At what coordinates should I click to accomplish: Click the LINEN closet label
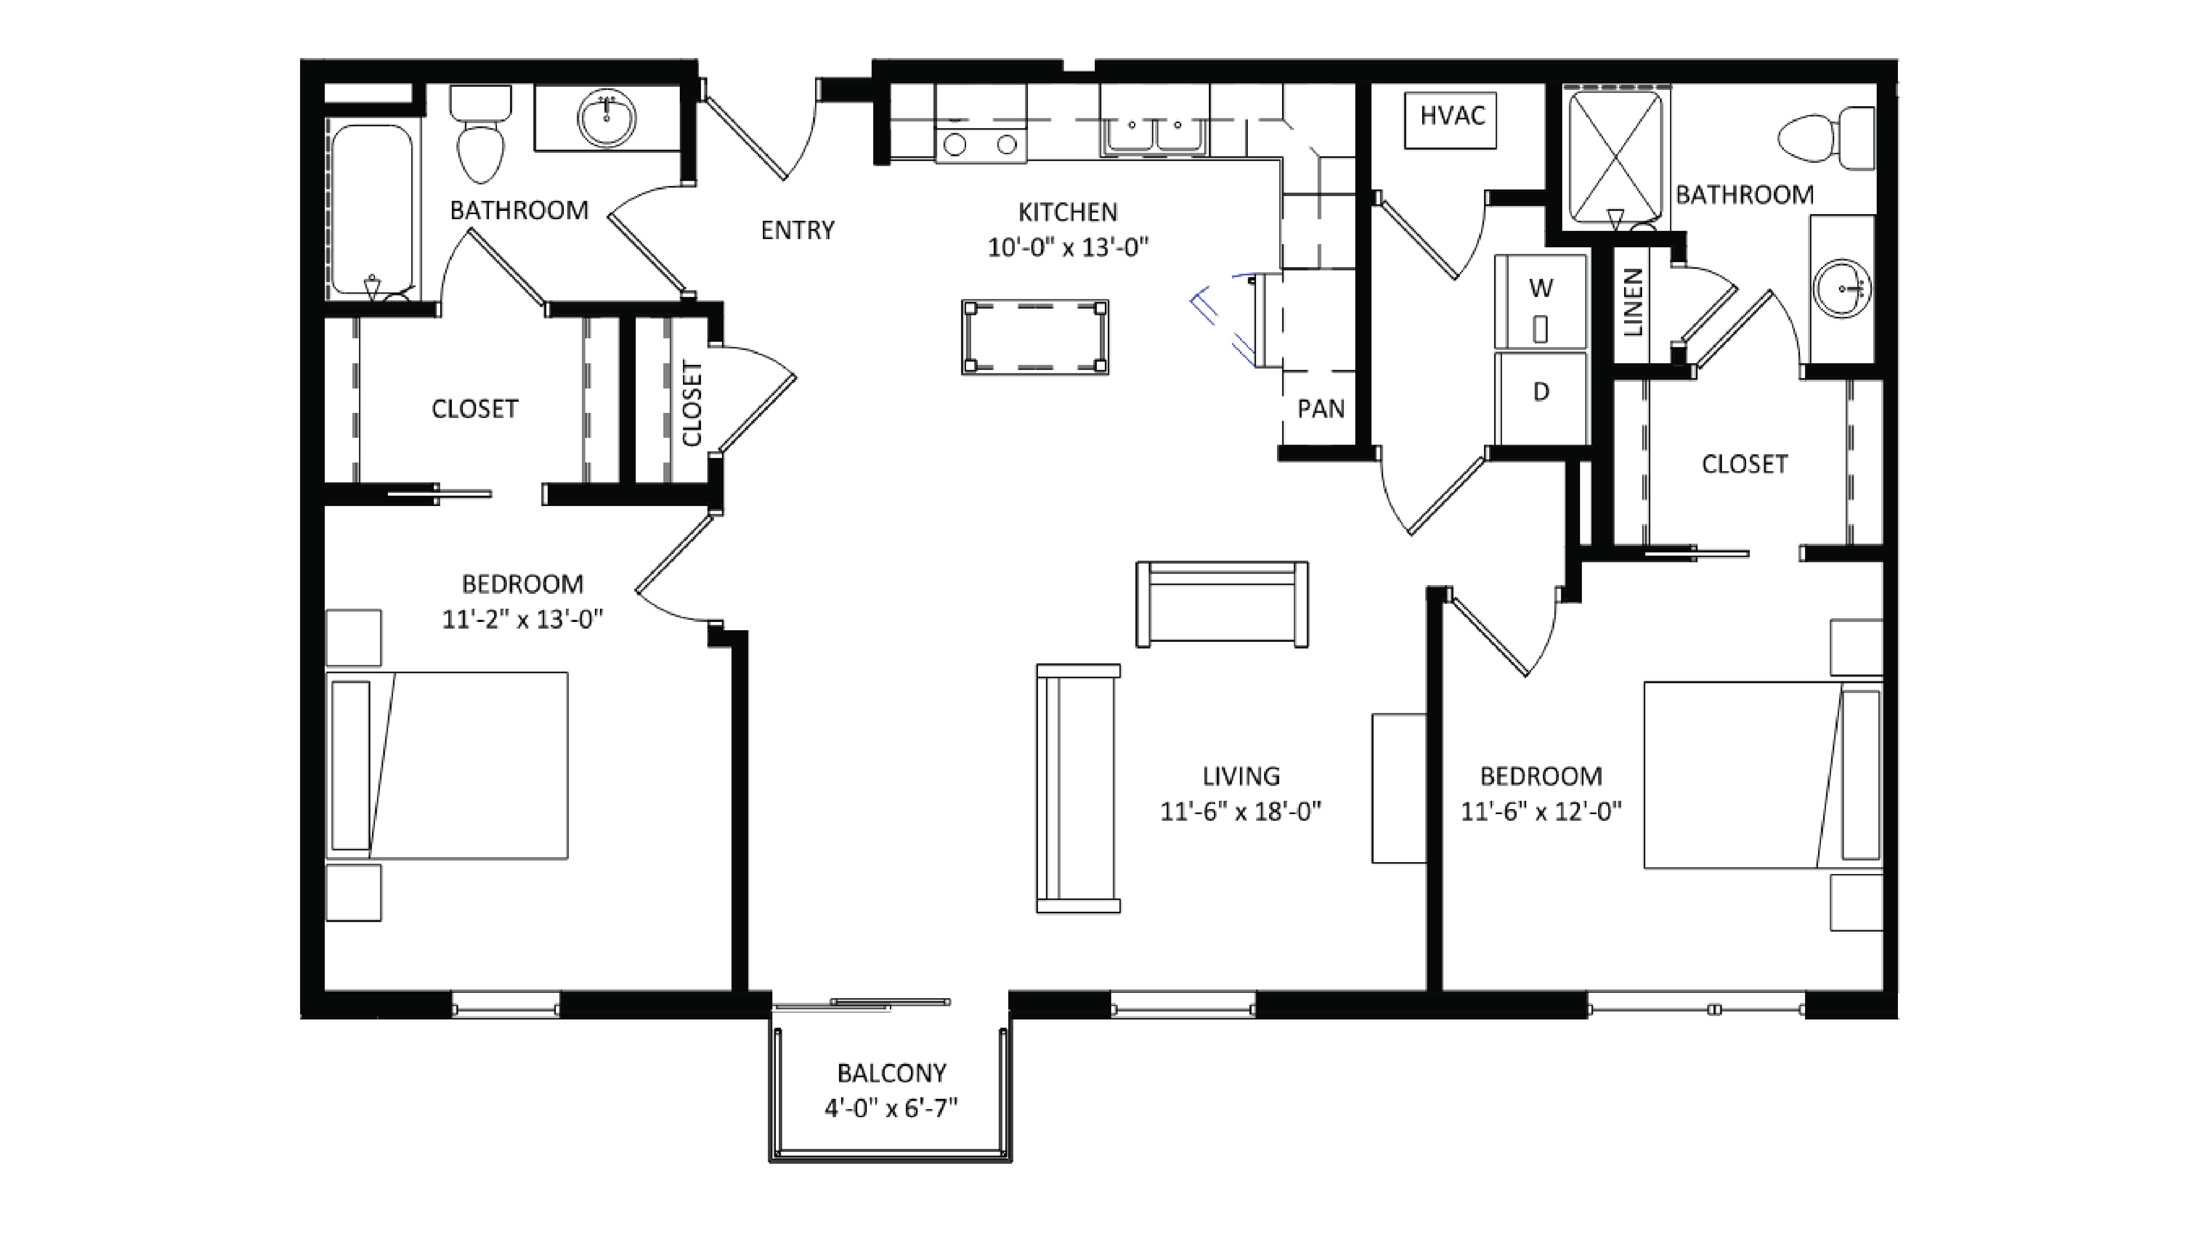pyautogui.click(x=1633, y=302)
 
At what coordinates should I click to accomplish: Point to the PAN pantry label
pyautogui.click(x=1320, y=409)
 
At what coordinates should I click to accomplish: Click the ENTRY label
pyautogui.click(x=797, y=230)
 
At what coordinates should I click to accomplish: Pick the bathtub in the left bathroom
pyautogui.click(x=372, y=210)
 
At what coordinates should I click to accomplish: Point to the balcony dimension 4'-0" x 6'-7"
pyautogui.click(x=891, y=1108)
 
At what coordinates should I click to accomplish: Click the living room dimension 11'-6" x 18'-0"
pyautogui.click(x=1240, y=811)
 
